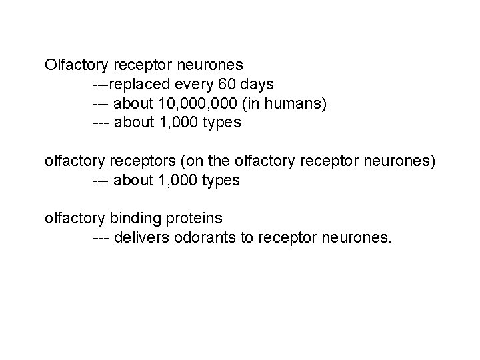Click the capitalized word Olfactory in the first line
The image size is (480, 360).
pyautogui.click(x=77, y=65)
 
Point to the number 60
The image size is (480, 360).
pyautogui.click(x=223, y=85)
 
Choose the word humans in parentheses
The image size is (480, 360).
pyautogui.click(x=299, y=104)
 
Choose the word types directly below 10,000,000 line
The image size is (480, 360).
pyautogui.click(x=222, y=123)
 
